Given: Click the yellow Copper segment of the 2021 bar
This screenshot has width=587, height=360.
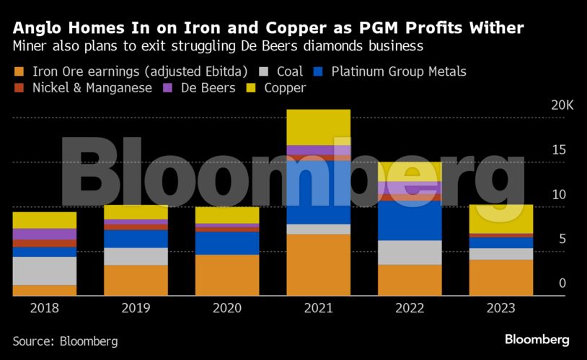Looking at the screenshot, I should click(x=318, y=127).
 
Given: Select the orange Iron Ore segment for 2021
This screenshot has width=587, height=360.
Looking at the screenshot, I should click(x=318, y=265).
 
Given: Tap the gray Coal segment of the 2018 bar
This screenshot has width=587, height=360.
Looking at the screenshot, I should click(x=44, y=271).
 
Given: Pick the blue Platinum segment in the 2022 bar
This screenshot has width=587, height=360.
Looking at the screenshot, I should click(x=410, y=221).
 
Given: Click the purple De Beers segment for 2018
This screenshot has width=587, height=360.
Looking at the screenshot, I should click(x=44, y=234).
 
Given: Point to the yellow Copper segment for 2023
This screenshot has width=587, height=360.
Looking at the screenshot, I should click(x=500, y=219).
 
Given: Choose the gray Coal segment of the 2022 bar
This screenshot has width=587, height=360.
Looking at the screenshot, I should click(x=410, y=253).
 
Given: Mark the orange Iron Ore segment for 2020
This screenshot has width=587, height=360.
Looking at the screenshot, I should click(x=226, y=275).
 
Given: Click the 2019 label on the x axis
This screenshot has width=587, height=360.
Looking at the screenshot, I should click(x=136, y=308).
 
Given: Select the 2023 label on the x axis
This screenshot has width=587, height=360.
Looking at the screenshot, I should click(x=500, y=308).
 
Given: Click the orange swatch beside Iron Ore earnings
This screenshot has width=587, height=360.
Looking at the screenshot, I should click(x=19, y=71).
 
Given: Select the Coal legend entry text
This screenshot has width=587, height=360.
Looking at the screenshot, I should click(x=290, y=71).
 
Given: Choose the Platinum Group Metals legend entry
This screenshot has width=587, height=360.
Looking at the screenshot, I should click(x=399, y=71).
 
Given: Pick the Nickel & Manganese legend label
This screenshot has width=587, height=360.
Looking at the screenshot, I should click(x=92, y=88).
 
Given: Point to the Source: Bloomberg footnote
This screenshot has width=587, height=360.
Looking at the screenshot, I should click(x=65, y=341).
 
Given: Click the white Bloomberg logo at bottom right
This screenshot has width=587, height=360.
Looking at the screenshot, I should click(x=537, y=339).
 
